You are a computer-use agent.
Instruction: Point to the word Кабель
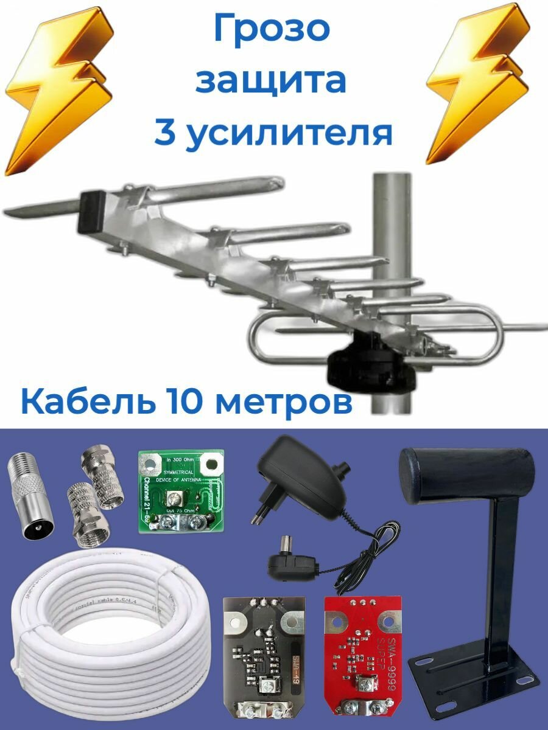point(80,403)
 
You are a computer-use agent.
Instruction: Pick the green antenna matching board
point(181,490)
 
